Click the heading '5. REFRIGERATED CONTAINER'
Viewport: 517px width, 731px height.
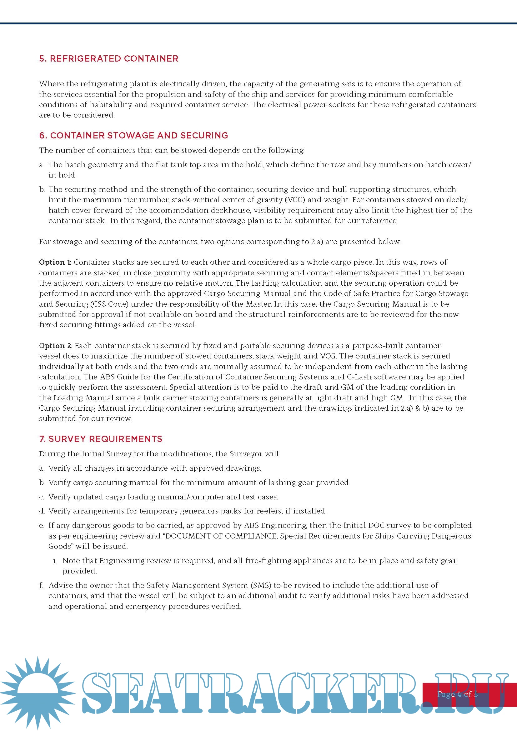tap(108, 58)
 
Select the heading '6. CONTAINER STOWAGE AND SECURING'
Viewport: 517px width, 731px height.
tap(133, 135)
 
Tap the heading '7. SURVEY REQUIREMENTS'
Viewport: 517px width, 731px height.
tap(101, 439)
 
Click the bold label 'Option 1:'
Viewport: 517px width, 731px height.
tap(55, 262)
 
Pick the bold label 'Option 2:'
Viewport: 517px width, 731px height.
tap(56, 345)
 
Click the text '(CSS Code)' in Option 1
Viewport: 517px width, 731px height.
tap(109, 304)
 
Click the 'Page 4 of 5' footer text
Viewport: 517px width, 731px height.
tap(458, 694)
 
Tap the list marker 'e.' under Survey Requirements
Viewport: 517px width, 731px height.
tap(42, 525)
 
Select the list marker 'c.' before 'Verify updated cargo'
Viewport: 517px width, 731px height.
tap(42, 497)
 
